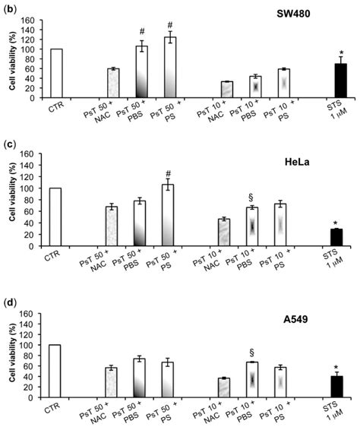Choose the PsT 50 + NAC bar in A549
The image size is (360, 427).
pyautogui.click(x=112, y=384)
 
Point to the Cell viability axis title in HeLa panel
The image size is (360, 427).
pyautogui.click(x=13, y=201)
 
